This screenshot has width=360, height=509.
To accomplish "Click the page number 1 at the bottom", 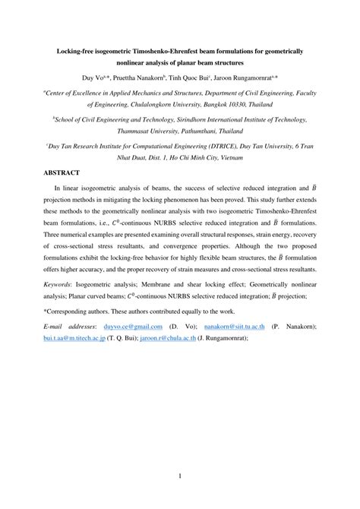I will [180, 476].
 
